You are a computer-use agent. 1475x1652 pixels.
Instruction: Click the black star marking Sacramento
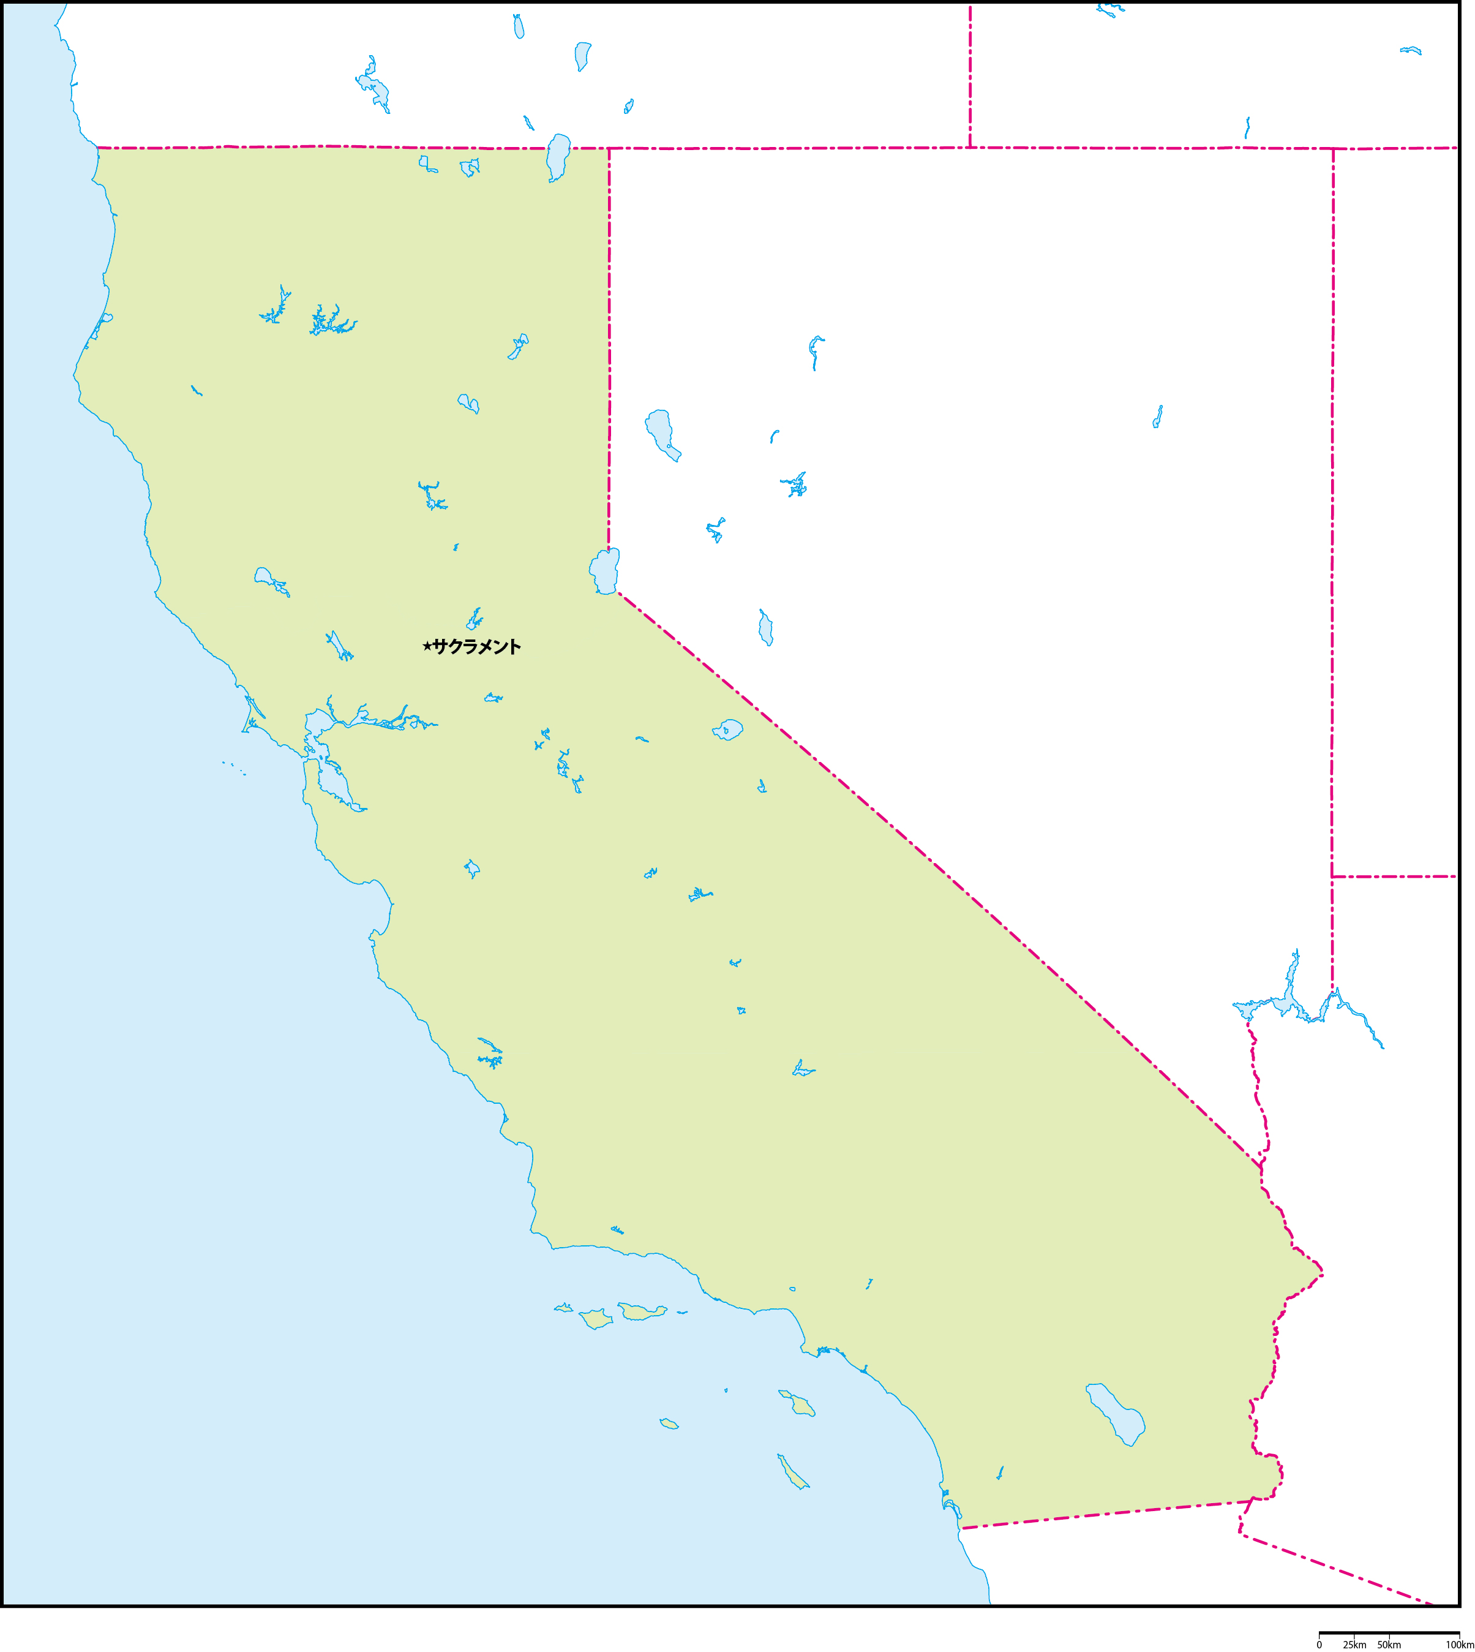(427, 646)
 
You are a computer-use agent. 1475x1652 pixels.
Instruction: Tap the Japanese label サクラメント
(476, 646)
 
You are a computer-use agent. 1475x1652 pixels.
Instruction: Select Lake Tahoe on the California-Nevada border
(604, 571)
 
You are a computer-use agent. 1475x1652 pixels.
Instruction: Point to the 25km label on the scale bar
(1354, 1644)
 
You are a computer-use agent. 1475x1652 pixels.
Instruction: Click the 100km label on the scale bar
(1460, 1644)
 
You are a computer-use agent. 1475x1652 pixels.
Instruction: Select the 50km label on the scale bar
(1389, 1644)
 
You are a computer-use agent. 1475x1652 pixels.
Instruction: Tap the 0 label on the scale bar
(1319, 1644)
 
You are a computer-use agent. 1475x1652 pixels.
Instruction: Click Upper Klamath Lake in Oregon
(373, 85)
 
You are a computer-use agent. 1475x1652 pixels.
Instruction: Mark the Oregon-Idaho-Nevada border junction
(970, 148)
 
